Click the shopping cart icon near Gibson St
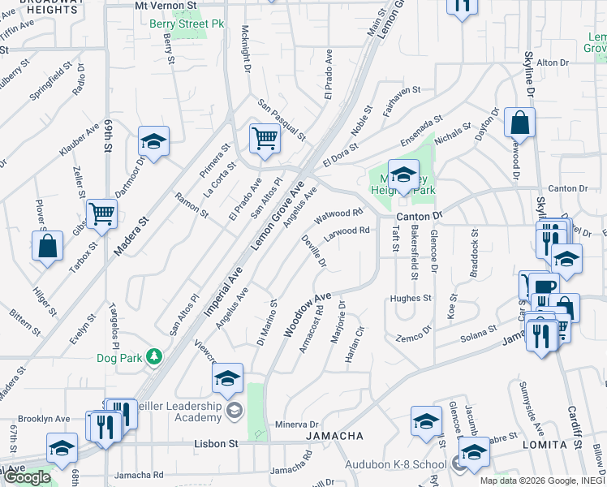[102, 213]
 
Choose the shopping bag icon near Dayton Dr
[519, 123]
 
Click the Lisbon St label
[216, 444]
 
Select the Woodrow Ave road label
[308, 316]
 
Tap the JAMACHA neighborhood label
[334, 437]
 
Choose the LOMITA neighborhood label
[546, 445]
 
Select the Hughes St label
[410, 298]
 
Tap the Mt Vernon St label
[166, 5]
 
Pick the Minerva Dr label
[297, 425]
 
